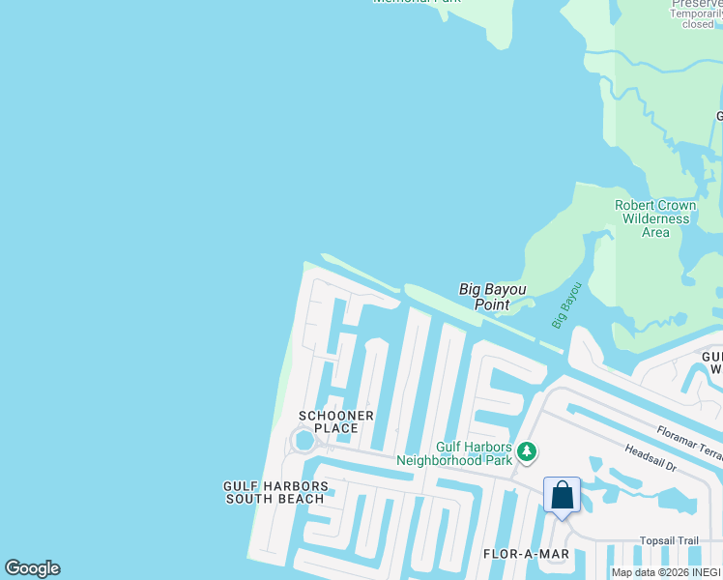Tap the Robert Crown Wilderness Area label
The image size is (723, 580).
click(655, 218)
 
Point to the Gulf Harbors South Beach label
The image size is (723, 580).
click(275, 492)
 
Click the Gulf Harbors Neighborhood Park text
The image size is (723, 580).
click(474, 453)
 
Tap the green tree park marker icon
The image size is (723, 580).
click(527, 451)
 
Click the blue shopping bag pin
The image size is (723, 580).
click(562, 496)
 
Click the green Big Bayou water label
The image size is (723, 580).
click(567, 305)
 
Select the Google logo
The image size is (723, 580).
click(32, 568)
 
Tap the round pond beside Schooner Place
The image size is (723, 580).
click(304, 442)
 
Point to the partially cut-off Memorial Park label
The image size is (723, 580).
click(416, 2)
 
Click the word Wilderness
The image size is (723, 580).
click(655, 218)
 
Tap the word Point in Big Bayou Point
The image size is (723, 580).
click(492, 304)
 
